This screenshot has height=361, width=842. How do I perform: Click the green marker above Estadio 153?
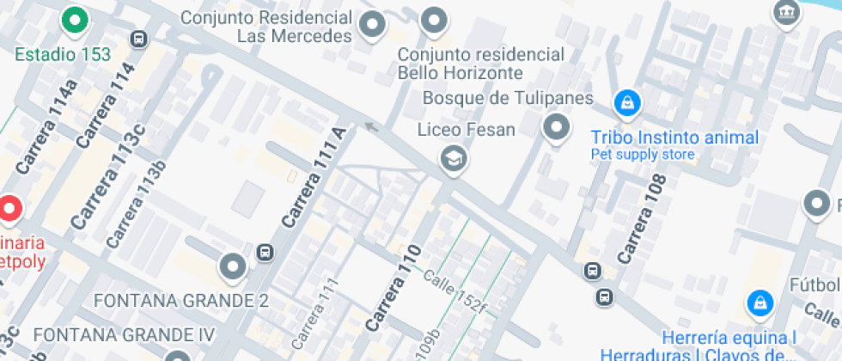(76, 20)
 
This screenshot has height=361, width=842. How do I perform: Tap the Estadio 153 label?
(63, 54)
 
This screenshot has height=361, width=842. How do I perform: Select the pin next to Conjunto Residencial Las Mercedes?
(372, 25)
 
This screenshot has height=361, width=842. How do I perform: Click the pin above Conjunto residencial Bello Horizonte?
(436, 21)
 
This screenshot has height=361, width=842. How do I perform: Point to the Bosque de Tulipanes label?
(508, 98)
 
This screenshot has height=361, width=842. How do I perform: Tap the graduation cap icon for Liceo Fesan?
(452, 158)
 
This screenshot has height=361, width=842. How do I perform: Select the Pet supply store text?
(642, 155)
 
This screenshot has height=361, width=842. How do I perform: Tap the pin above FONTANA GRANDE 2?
(233, 266)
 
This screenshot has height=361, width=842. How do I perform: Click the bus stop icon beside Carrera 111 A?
(265, 253)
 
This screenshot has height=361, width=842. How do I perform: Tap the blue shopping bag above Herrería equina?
(759, 301)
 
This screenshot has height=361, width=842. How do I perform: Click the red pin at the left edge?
(9, 208)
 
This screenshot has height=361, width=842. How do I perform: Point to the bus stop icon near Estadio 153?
(138, 39)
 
